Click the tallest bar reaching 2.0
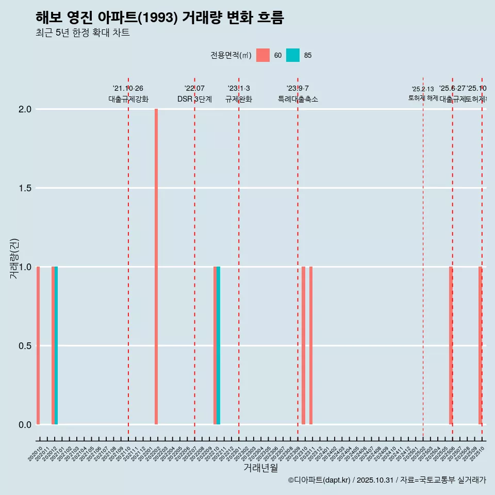pyautogui.click(x=156, y=267)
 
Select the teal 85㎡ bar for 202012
pyautogui.click(x=56, y=345)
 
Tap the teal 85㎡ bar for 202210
pyautogui.click(x=219, y=345)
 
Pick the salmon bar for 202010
pyautogui.click(x=38, y=345)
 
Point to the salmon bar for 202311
pyautogui.click(x=311, y=345)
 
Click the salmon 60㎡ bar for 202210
pyautogui.click(x=215, y=345)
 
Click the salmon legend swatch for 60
pyautogui.click(x=263, y=55)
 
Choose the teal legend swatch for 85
pyautogui.click(x=293, y=55)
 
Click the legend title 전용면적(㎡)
pyautogui.click(x=231, y=55)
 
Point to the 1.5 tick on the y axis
pyautogui.click(x=25, y=188)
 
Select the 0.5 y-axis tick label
pyautogui.click(x=25, y=346)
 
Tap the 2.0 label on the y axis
pyautogui.click(x=25, y=109)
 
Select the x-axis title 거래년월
pyautogui.click(x=260, y=468)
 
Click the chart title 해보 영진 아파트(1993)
pyautogui.click(x=160, y=18)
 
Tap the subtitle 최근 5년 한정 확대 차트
pyautogui.click(x=82, y=33)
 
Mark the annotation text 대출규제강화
pyautogui.click(x=128, y=99)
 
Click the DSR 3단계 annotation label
pyautogui.click(x=194, y=99)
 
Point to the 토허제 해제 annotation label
pyautogui.click(x=423, y=97)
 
